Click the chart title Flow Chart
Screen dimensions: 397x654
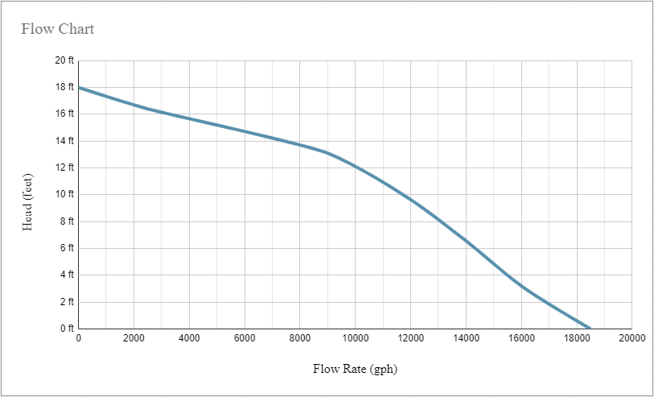(57, 29)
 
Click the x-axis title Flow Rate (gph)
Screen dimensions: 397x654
(355, 370)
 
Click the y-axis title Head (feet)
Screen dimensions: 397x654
(27, 203)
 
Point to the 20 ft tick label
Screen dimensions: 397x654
(64, 60)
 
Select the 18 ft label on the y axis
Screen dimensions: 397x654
(64, 87)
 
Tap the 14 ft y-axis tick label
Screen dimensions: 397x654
(64, 141)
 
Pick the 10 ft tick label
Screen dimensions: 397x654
(64, 194)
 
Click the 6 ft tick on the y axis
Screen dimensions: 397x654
(66, 248)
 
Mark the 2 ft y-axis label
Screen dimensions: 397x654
(66, 302)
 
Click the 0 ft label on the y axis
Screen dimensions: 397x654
(66, 329)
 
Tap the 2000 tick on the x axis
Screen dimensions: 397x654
(134, 339)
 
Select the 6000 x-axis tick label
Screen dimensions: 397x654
(245, 339)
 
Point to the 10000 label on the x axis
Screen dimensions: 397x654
(355, 339)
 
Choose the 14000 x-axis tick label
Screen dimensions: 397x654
(466, 339)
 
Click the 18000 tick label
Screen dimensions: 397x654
(577, 339)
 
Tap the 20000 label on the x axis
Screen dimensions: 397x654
(631, 339)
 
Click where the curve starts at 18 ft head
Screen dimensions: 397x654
(79, 87)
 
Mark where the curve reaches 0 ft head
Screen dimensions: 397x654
(590, 329)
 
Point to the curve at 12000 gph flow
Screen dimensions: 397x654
(410, 199)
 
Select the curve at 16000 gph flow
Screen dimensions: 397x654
(521, 286)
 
